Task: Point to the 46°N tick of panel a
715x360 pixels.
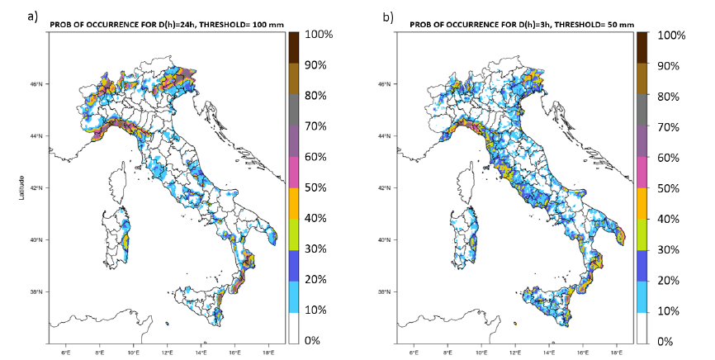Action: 36,84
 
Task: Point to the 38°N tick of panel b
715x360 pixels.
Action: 391,292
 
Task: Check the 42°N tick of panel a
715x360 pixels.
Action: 36,188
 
